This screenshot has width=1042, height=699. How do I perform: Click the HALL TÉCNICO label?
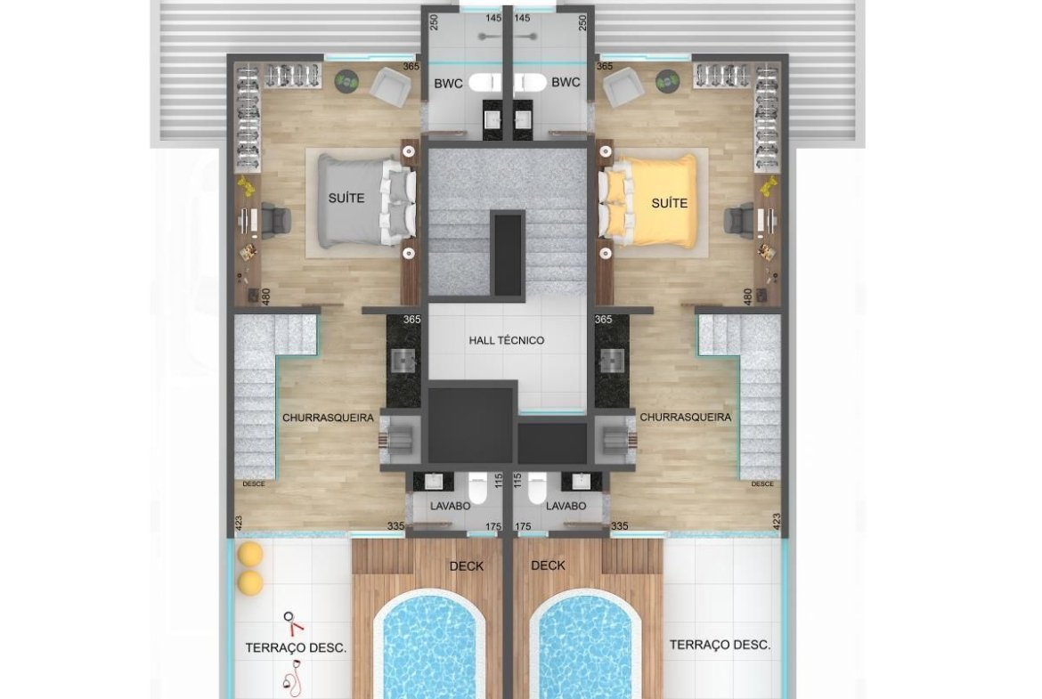tap(507, 340)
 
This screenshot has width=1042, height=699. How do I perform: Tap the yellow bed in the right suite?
tap(649, 201)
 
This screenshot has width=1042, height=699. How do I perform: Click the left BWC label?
tap(448, 84)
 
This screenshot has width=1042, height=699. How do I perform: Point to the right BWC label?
tap(566, 83)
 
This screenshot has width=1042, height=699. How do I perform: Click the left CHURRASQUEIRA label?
tap(329, 418)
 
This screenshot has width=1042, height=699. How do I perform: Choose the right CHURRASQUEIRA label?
tap(685, 418)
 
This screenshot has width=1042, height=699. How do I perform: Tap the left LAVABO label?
tap(450, 507)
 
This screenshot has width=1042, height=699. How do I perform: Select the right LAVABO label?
tap(566, 506)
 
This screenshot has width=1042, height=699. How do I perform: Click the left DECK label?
tap(467, 566)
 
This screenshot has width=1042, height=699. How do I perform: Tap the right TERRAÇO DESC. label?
tap(720, 645)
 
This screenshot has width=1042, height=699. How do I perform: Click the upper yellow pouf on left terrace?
tap(251, 554)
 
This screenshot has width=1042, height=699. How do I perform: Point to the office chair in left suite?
tap(274, 219)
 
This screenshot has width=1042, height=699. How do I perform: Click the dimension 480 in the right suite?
tap(748, 297)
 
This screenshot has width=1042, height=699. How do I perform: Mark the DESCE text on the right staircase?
tap(762, 484)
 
